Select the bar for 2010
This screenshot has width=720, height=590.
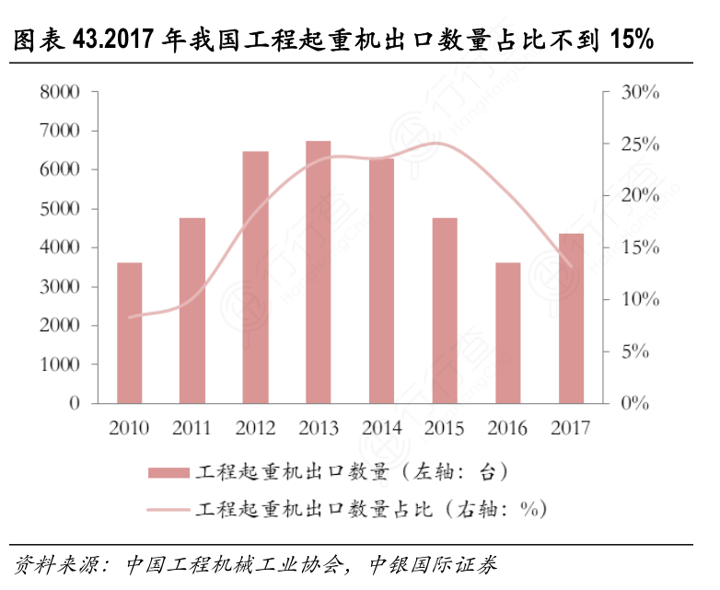[130, 333]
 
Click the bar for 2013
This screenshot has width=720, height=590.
[319, 272]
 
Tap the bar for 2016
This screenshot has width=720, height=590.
[508, 333]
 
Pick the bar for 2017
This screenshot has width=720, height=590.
[571, 318]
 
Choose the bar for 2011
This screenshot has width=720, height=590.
[192, 310]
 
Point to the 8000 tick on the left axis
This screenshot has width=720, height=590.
[60, 92]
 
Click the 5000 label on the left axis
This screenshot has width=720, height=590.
[60, 209]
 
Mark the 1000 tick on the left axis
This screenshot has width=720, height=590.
[60, 364]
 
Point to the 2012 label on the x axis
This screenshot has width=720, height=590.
[255, 428]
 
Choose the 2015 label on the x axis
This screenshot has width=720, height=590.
[445, 428]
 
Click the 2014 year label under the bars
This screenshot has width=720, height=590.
[381, 428]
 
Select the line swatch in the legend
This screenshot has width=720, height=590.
[168, 508]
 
